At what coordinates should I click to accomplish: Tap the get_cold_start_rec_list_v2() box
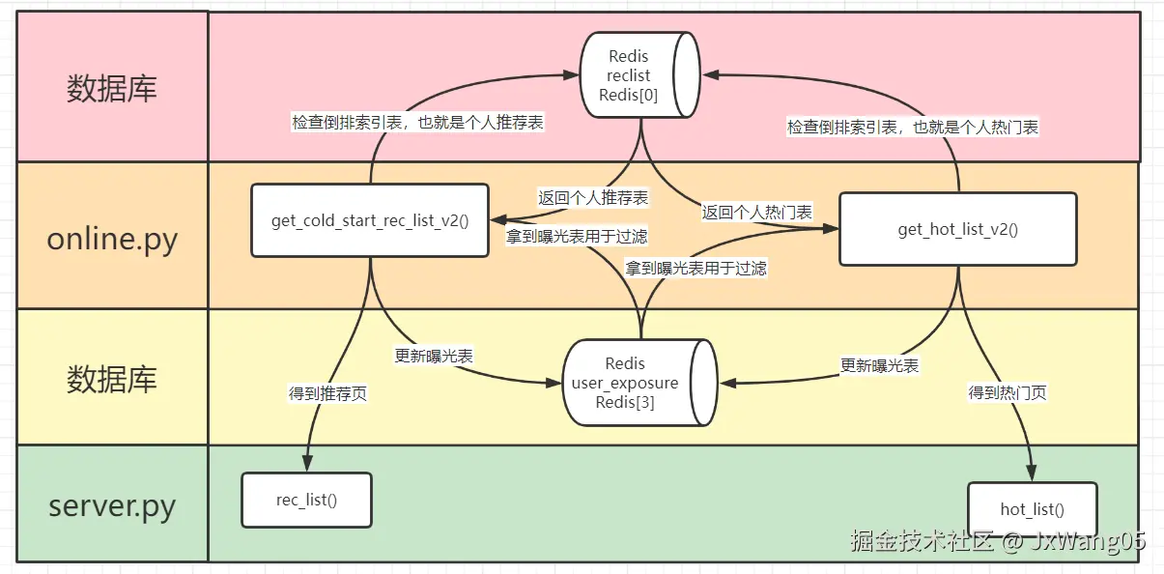click(370, 220)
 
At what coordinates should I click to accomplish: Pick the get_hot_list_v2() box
click(957, 229)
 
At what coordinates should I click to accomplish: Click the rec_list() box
click(306, 500)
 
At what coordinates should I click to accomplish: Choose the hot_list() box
click(1032, 509)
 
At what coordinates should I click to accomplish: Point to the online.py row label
click(112, 238)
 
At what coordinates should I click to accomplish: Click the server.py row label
click(112, 503)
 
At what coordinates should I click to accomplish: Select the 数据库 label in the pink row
click(112, 89)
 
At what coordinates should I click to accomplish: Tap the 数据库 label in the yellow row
click(112, 379)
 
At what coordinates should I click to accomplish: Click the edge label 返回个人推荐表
click(593, 197)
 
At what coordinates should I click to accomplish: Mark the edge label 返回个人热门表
click(756, 212)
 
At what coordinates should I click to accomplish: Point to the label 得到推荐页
click(327, 393)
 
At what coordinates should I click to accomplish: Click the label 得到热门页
click(1008, 392)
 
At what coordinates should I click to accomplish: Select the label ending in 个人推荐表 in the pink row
click(417, 123)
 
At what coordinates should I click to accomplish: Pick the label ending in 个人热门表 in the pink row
click(912, 127)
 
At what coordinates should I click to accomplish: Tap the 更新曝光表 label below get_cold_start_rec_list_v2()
click(434, 356)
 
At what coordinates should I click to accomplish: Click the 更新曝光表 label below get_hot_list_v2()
click(879, 365)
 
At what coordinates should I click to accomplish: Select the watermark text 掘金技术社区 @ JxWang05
click(997, 541)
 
